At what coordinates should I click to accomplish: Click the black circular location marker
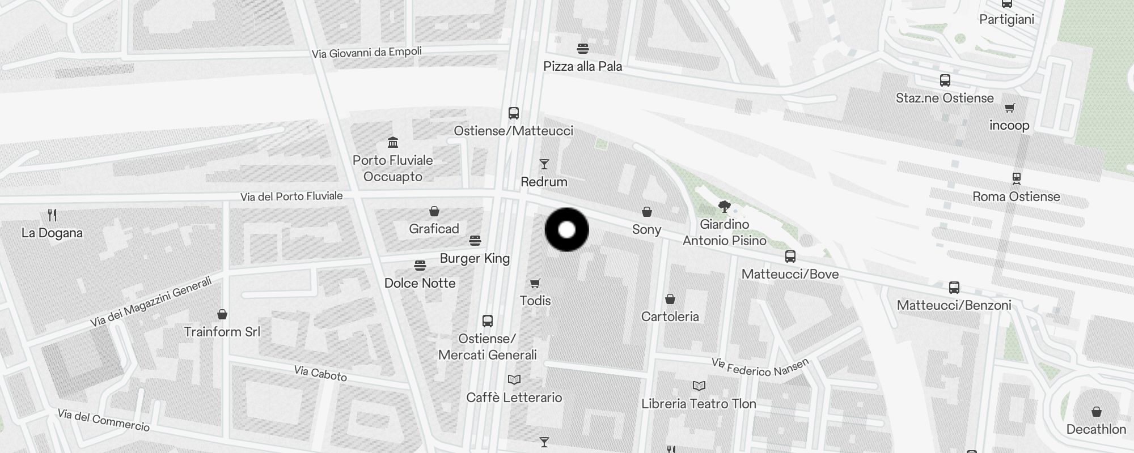pos(566,229)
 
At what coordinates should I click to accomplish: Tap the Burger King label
pos(475,258)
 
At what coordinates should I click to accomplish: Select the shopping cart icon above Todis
pos(535,283)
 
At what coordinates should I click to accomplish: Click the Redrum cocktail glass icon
pos(544,164)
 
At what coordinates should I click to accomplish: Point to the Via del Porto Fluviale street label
pos(291,196)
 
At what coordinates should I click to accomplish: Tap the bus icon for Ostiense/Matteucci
pos(514,113)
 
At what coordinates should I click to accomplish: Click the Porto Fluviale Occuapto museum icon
pos(393,142)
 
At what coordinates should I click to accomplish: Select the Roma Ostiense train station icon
pos(1017,179)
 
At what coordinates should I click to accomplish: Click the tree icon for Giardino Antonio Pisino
pos(724,206)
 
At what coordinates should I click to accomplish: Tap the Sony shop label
pos(646,229)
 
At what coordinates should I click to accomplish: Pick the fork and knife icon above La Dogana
pos(52,215)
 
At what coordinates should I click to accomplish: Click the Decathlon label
pos(1096,429)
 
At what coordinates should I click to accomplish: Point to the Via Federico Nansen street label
pos(760,367)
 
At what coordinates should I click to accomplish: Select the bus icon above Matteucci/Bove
pos(790,257)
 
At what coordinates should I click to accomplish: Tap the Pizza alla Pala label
pos(582,66)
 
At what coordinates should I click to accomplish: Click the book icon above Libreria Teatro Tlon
pos(699,386)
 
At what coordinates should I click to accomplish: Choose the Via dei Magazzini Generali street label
pos(151,302)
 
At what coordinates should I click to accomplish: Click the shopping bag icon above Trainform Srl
pos(222,314)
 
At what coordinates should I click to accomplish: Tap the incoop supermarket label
pos(1009,125)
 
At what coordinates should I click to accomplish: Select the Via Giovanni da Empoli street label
pos(367,53)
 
